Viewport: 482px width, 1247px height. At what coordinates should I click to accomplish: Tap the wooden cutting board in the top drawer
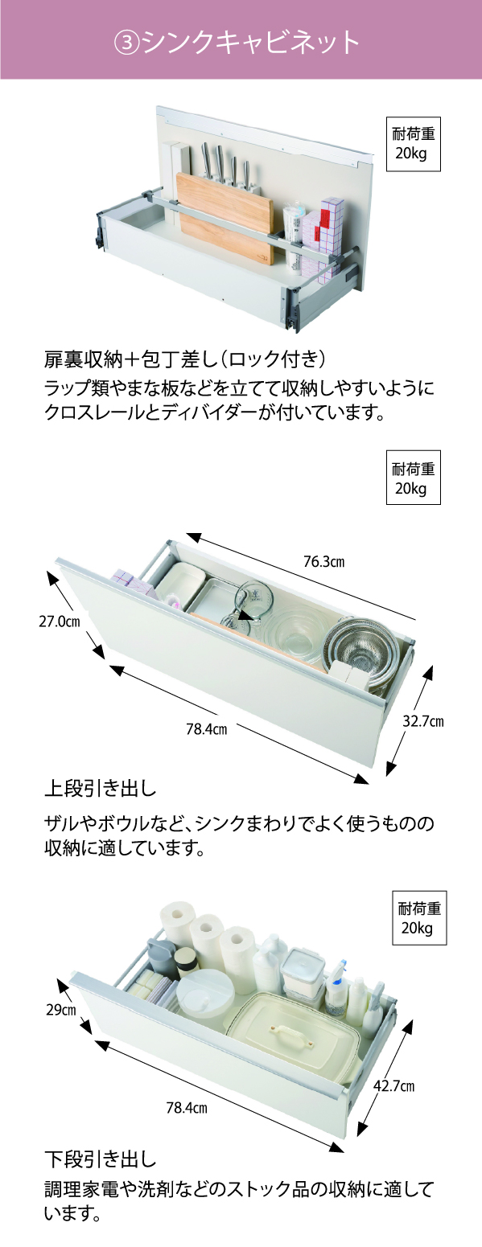pos(226,218)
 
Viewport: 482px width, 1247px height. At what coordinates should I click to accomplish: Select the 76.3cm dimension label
pos(323,561)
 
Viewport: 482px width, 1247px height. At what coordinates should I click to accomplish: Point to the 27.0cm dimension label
pos(59,621)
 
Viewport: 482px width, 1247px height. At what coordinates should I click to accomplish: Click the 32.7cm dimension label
pos(423,721)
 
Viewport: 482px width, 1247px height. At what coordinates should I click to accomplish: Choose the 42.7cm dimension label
pos(394,1085)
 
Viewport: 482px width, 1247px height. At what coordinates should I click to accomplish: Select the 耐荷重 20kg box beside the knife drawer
pos(414,144)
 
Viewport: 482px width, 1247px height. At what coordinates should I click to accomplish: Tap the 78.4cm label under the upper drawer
pos(206,728)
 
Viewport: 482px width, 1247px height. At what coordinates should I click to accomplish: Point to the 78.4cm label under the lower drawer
pos(187,1108)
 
